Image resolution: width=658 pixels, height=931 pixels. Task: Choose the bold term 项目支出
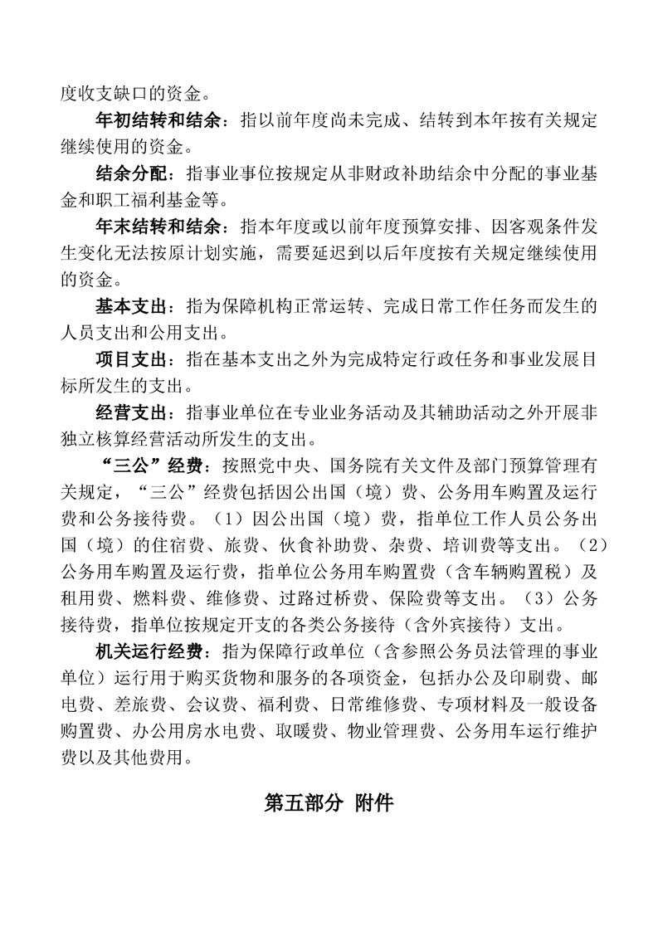coord(130,359)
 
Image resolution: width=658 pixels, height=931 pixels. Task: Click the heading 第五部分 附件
coord(329,802)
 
